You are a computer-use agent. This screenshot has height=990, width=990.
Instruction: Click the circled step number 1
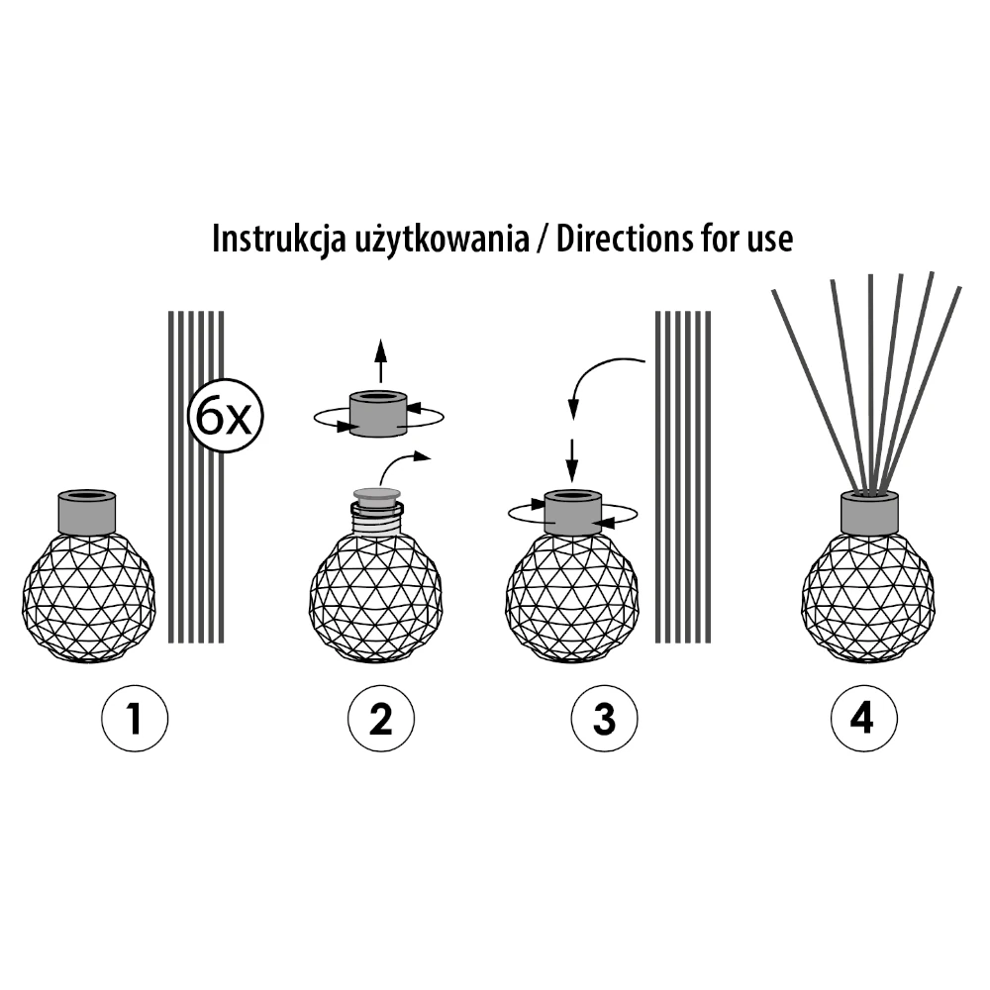point(135,719)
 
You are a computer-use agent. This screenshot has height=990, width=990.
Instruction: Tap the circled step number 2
point(381,719)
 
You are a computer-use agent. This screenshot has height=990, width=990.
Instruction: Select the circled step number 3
point(604,719)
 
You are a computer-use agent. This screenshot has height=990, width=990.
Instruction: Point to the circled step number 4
point(863,719)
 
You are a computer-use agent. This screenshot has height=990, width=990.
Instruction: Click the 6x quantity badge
point(226,416)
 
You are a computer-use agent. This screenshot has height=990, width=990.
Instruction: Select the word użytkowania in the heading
point(442,240)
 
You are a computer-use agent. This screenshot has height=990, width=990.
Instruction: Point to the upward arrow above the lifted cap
point(380,361)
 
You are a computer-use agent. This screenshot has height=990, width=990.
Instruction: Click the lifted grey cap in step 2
point(378,414)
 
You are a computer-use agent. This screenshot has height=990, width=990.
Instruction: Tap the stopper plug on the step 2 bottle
point(377,496)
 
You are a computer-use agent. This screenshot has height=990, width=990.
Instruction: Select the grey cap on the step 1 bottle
point(86,512)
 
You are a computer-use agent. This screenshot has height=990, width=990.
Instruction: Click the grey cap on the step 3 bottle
point(572,512)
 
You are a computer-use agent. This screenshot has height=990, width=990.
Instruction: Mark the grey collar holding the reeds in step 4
point(869,513)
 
